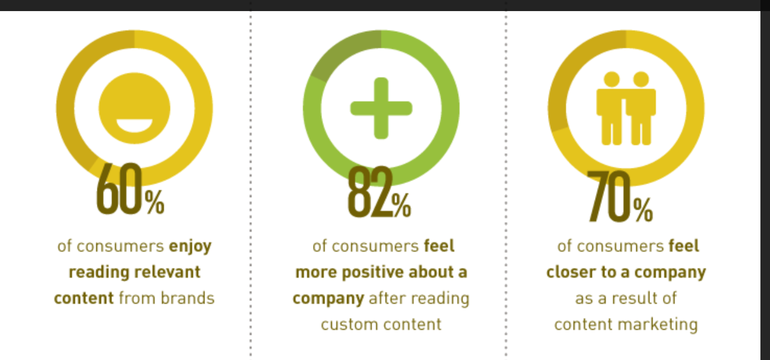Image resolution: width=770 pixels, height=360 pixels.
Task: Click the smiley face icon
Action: (135, 108)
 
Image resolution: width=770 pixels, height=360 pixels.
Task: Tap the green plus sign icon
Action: (381, 108)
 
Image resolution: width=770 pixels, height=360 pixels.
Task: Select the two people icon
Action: (626, 108)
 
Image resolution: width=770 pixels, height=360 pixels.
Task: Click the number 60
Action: (119, 189)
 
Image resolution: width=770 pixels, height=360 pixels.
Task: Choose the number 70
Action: (609, 196)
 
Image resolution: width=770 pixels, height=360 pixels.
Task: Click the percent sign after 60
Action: (154, 202)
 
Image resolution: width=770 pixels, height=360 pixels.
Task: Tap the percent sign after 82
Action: (401, 205)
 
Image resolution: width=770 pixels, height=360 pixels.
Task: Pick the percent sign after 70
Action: (643, 209)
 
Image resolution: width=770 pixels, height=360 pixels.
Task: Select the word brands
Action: (188, 298)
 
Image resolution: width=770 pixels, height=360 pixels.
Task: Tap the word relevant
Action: (167, 272)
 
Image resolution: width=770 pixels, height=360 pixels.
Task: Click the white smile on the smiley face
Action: (135, 125)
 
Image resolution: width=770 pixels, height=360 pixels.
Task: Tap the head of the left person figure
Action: (612, 80)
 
